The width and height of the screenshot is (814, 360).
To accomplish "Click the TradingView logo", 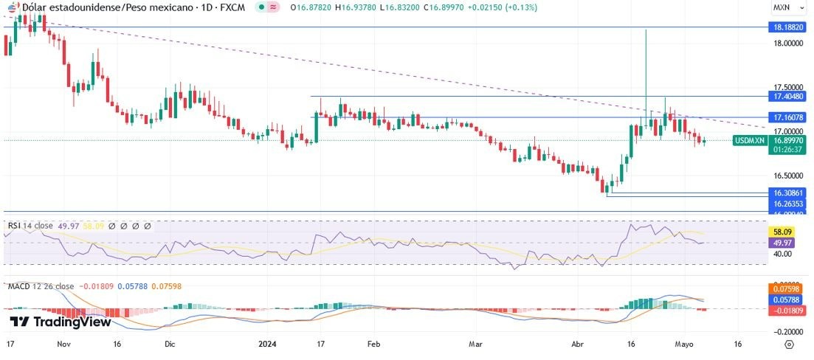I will coord(61,322).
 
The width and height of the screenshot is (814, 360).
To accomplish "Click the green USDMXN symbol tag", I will coord(750,140).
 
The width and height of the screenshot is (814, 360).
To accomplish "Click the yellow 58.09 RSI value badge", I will coord(781,231).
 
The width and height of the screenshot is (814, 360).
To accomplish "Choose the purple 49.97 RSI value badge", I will coord(781,242).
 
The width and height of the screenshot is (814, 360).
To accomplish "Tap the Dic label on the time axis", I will coord(170,344).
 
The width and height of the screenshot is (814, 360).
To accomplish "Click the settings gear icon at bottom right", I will coord(788,344).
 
